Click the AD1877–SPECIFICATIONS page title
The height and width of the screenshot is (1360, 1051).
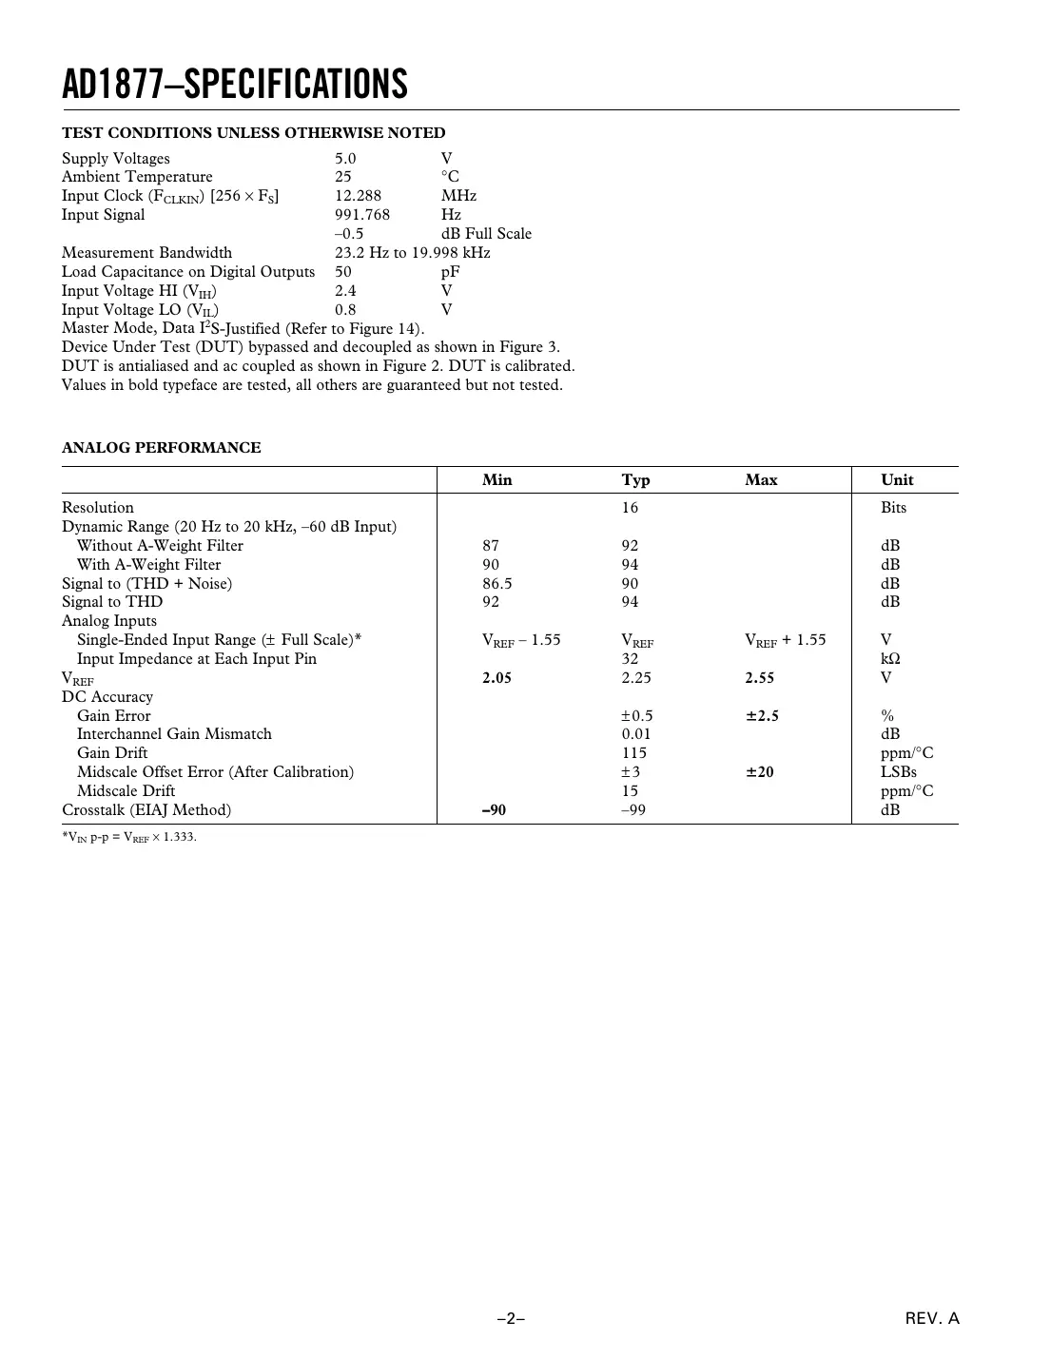point(235,85)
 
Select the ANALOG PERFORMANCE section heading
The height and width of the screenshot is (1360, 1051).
point(161,448)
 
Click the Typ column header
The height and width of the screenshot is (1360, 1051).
point(635,480)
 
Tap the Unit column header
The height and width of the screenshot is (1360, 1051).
point(896,480)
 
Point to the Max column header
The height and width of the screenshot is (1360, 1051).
point(761,480)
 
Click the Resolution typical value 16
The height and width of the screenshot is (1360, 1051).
point(630,508)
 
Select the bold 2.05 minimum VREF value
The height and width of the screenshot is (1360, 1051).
point(496,678)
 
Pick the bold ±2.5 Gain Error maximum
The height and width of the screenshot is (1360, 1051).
point(761,716)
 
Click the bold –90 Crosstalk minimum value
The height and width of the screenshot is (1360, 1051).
point(494,810)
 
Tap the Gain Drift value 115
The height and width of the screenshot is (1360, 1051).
point(633,753)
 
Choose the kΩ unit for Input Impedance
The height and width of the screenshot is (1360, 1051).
point(890,659)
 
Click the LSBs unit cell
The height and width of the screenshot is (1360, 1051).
point(898,772)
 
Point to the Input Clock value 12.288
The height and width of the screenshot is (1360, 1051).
point(358,196)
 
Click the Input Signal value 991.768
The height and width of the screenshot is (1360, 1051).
point(361,215)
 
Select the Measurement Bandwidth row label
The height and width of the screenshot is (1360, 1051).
point(146,253)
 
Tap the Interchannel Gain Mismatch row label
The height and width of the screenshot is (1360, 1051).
point(174,734)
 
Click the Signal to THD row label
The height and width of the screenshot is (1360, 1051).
point(112,602)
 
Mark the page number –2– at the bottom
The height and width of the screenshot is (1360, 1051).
point(512,1319)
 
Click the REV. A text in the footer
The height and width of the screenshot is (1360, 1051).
point(932,1319)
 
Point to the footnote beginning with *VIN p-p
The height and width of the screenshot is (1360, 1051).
point(129,838)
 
